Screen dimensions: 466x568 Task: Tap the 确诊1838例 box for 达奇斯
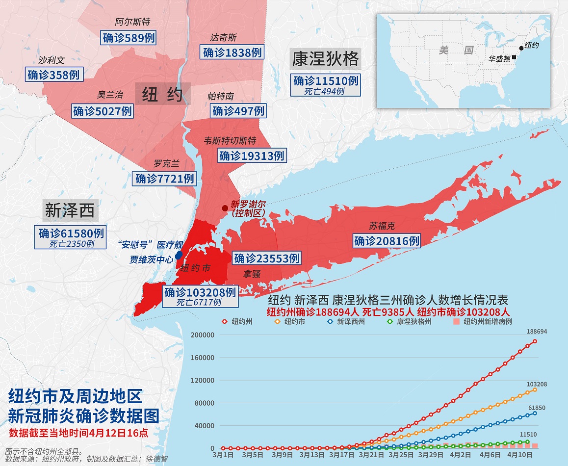pyautogui.click(x=232, y=52)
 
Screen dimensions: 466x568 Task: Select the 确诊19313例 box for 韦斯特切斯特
pyautogui.click(x=252, y=156)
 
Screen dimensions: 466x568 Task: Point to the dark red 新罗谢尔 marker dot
pyautogui.click(x=225, y=208)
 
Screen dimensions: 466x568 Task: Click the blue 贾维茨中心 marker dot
pyautogui.click(x=179, y=256)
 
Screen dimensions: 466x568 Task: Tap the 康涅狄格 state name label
pyautogui.click(x=325, y=58)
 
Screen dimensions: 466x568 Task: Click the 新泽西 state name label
pyautogui.click(x=70, y=210)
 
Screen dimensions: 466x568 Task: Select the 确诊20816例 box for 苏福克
pyautogui.click(x=387, y=241)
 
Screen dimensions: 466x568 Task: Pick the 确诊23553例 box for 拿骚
pyautogui.click(x=266, y=258)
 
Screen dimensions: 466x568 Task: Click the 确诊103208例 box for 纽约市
pyautogui.click(x=200, y=293)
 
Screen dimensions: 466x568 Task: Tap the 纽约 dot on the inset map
pyautogui.click(x=521, y=48)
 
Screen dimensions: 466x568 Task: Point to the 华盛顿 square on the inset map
pyautogui.click(x=514, y=57)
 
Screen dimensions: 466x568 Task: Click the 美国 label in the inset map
pyautogui.click(x=456, y=50)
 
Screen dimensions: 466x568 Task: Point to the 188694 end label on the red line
pyautogui.click(x=536, y=331)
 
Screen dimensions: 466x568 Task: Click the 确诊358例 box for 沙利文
pyautogui.click(x=53, y=75)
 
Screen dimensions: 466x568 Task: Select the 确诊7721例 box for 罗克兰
pyautogui.click(x=165, y=179)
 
